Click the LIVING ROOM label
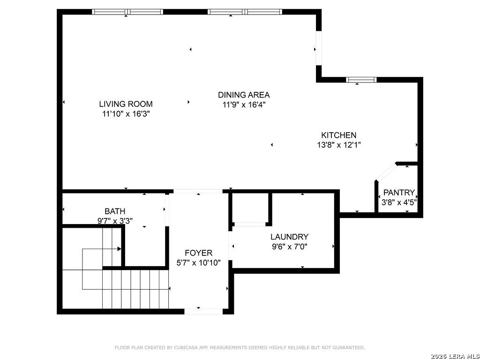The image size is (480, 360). coord(126,104)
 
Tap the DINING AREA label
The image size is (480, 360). coord(244,95)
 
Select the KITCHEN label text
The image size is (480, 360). coord(338,135)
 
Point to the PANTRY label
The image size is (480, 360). coord(399,193)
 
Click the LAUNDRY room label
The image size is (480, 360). coord(289,237)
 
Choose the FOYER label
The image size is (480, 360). coord(199,253)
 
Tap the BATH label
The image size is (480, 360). coord(115,211)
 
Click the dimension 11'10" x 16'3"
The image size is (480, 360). coord(126,114)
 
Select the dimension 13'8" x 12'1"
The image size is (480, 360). coord(338,145)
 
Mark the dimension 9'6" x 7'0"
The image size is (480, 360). coord(289,247)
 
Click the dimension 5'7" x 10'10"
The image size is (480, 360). coord(199,262)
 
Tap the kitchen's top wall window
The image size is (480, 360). coord(361,80)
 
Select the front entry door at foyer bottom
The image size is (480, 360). coord(203,311)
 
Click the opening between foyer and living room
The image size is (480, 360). coord(198,191)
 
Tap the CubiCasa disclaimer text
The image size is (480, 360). coord(240,348)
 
